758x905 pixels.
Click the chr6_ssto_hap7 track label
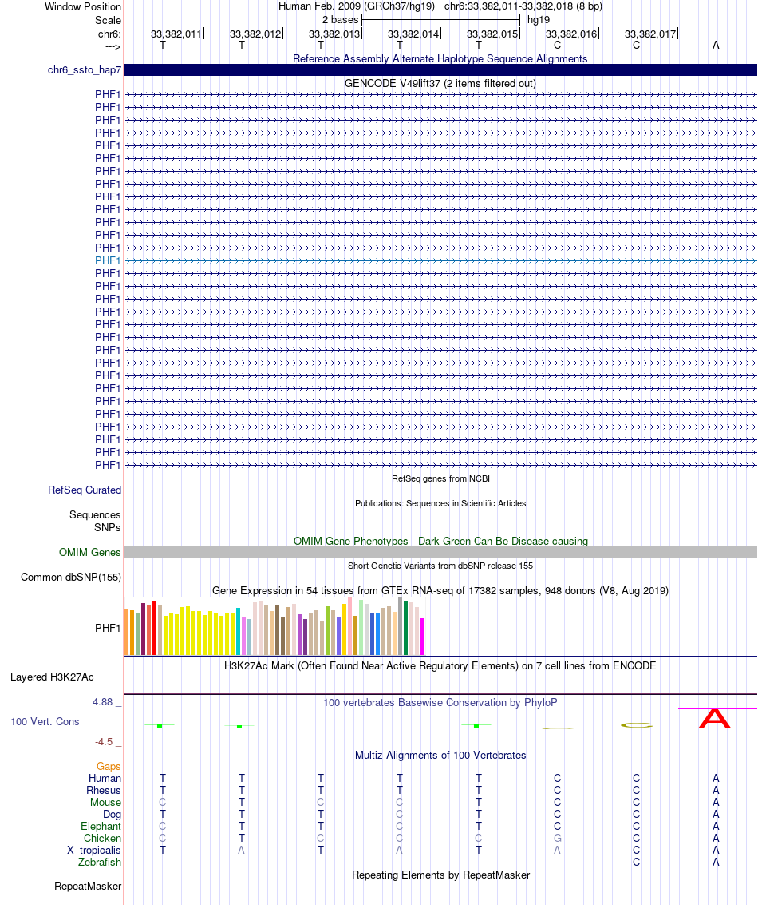pyautogui.click(x=84, y=70)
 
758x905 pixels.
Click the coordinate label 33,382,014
pyautogui.click(x=413, y=34)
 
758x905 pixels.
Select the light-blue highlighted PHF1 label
pyautogui.click(x=108, y=260)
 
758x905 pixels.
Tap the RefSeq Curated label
pyautogui.click(x=85, y=490)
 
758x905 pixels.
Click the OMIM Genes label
pyautogui.click(x=89, y=552)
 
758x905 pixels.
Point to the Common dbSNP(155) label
pyautogui.click(x=71, y=577)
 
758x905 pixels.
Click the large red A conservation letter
pyautogui.click(x=714, y=719)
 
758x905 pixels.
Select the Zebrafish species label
pyautogui.click(x=100, y=862)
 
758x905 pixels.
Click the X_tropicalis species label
pyautogui.click(x=94, y=850)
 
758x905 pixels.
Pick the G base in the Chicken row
pyautogui.click(x=558, y=838)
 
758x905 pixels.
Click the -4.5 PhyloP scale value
pyautogui.click(x=105, y=741)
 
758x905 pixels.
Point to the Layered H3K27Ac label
pyautogui.click(x=52, y=677)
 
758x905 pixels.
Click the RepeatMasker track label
pyautogui.click(x=88, y=886)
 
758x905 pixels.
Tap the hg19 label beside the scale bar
pyautogui.click(x=539, y=18)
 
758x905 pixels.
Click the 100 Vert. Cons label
pyautogui.click(x=45, y=721)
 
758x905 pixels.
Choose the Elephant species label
pyautogui.click(x=101, y=826)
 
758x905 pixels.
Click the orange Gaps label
pyautogui.click(x=109, y=766)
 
